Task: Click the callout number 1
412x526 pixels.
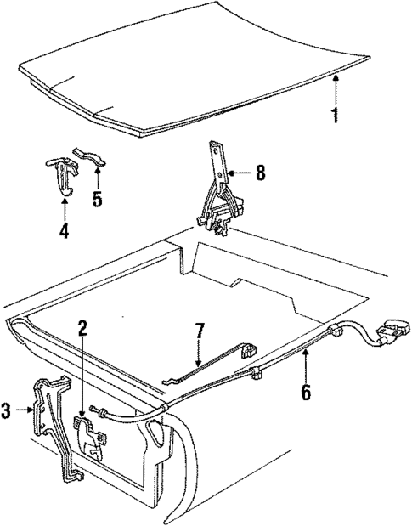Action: [335, 114]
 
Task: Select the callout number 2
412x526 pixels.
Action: [82, 327]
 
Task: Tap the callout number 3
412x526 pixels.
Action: [7, 412]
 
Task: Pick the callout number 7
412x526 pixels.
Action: [200, 329]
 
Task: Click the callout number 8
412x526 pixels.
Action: [260, 174]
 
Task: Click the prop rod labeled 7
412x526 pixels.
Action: [208, 361]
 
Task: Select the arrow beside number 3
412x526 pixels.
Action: [26, 412]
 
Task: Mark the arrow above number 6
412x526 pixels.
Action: [304, 365]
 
